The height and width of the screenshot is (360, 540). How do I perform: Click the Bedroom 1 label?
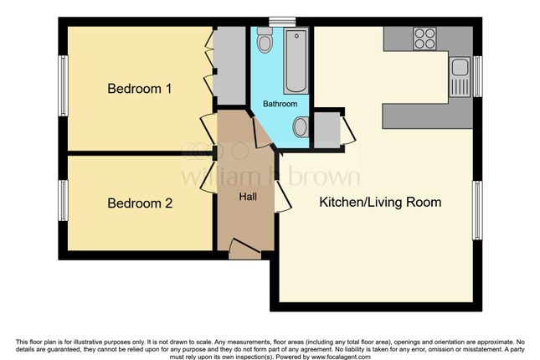(x=140, y=89)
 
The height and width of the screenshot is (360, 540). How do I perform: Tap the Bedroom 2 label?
(x=140, y=203)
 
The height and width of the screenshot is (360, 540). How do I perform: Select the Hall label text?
(x=248, y=197)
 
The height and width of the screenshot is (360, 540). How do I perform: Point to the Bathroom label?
(x=280, y=104)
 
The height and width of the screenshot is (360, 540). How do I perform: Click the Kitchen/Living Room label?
(x=380, y=203)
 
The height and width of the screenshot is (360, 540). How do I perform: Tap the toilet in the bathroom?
(x=265, y=40)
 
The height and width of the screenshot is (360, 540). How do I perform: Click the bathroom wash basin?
(x=301, y=126)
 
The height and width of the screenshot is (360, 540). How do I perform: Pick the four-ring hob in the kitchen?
(x=424, y=39)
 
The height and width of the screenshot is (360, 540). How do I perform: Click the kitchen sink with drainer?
(x=460, y=76)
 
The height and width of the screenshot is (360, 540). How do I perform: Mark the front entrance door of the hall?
(x=244, y=249)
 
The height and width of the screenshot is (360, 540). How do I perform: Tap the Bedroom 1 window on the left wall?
(x=63, y=85)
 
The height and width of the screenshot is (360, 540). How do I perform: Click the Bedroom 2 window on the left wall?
(x=63, y=200)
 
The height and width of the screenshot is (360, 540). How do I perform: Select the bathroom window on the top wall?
(x=282, y=22)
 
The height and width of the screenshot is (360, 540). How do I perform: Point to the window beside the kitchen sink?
(x=477, y=76)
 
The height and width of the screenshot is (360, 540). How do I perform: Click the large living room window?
(x=477, y=210)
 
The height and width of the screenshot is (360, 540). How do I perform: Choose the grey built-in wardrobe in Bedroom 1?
(x=229, y=65)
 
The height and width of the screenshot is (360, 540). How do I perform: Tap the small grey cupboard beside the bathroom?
(x=327, y=131)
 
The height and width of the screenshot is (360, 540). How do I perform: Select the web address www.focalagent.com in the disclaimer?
(x=341, y=357)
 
